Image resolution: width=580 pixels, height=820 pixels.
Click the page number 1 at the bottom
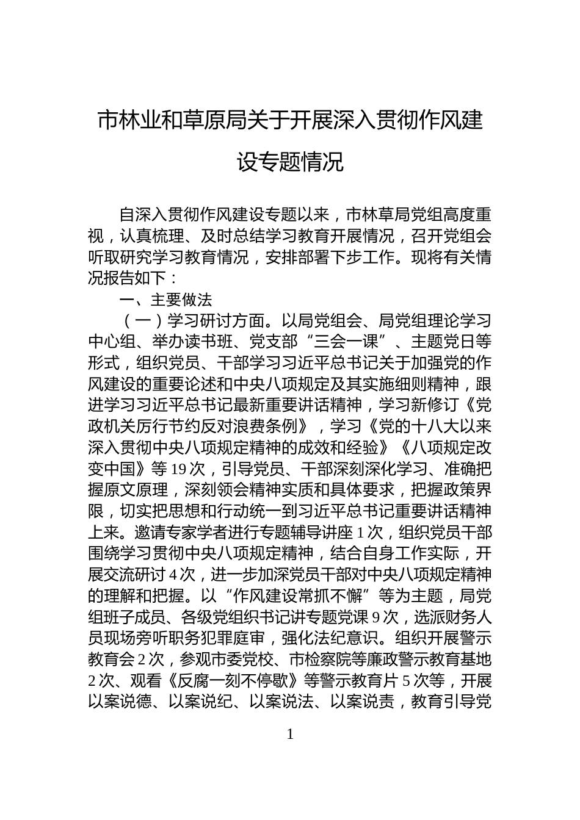click(x=290, y=735)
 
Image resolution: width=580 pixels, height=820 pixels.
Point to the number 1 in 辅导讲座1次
click(x=361, y=533)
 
